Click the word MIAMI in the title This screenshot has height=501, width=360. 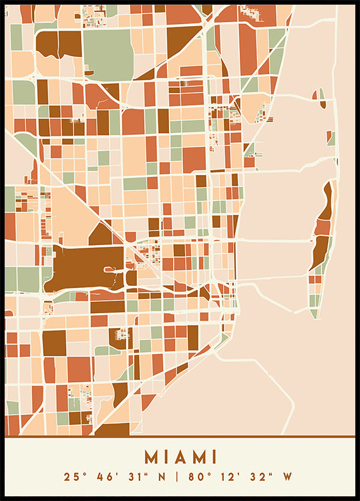coord(180,457)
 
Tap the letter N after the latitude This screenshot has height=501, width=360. coord(163,477)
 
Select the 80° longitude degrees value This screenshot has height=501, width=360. coord(195,477)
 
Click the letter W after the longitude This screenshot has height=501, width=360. coord(288,477)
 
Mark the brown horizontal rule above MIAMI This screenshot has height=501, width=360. coord(180,438)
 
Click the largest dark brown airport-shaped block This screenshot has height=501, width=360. coord(83,267)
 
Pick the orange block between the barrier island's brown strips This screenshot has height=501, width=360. coord(323,228)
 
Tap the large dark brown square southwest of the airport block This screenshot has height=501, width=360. coord(54,343)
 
